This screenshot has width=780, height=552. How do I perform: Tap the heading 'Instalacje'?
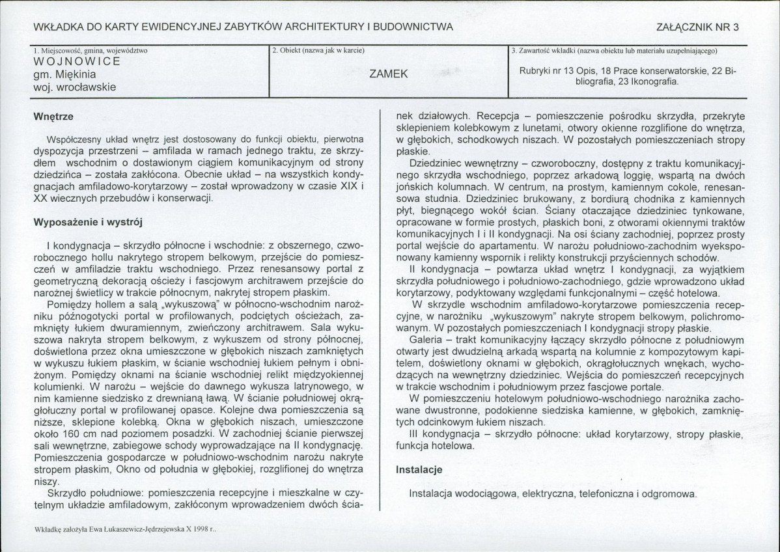click(419, 469)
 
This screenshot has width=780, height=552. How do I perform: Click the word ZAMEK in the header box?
click(389, 74)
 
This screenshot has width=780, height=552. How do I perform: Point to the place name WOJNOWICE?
click(76, 62)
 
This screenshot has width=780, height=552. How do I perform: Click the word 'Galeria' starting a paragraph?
click(426, 340)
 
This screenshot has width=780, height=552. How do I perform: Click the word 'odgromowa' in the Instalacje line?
click(673, 493)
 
